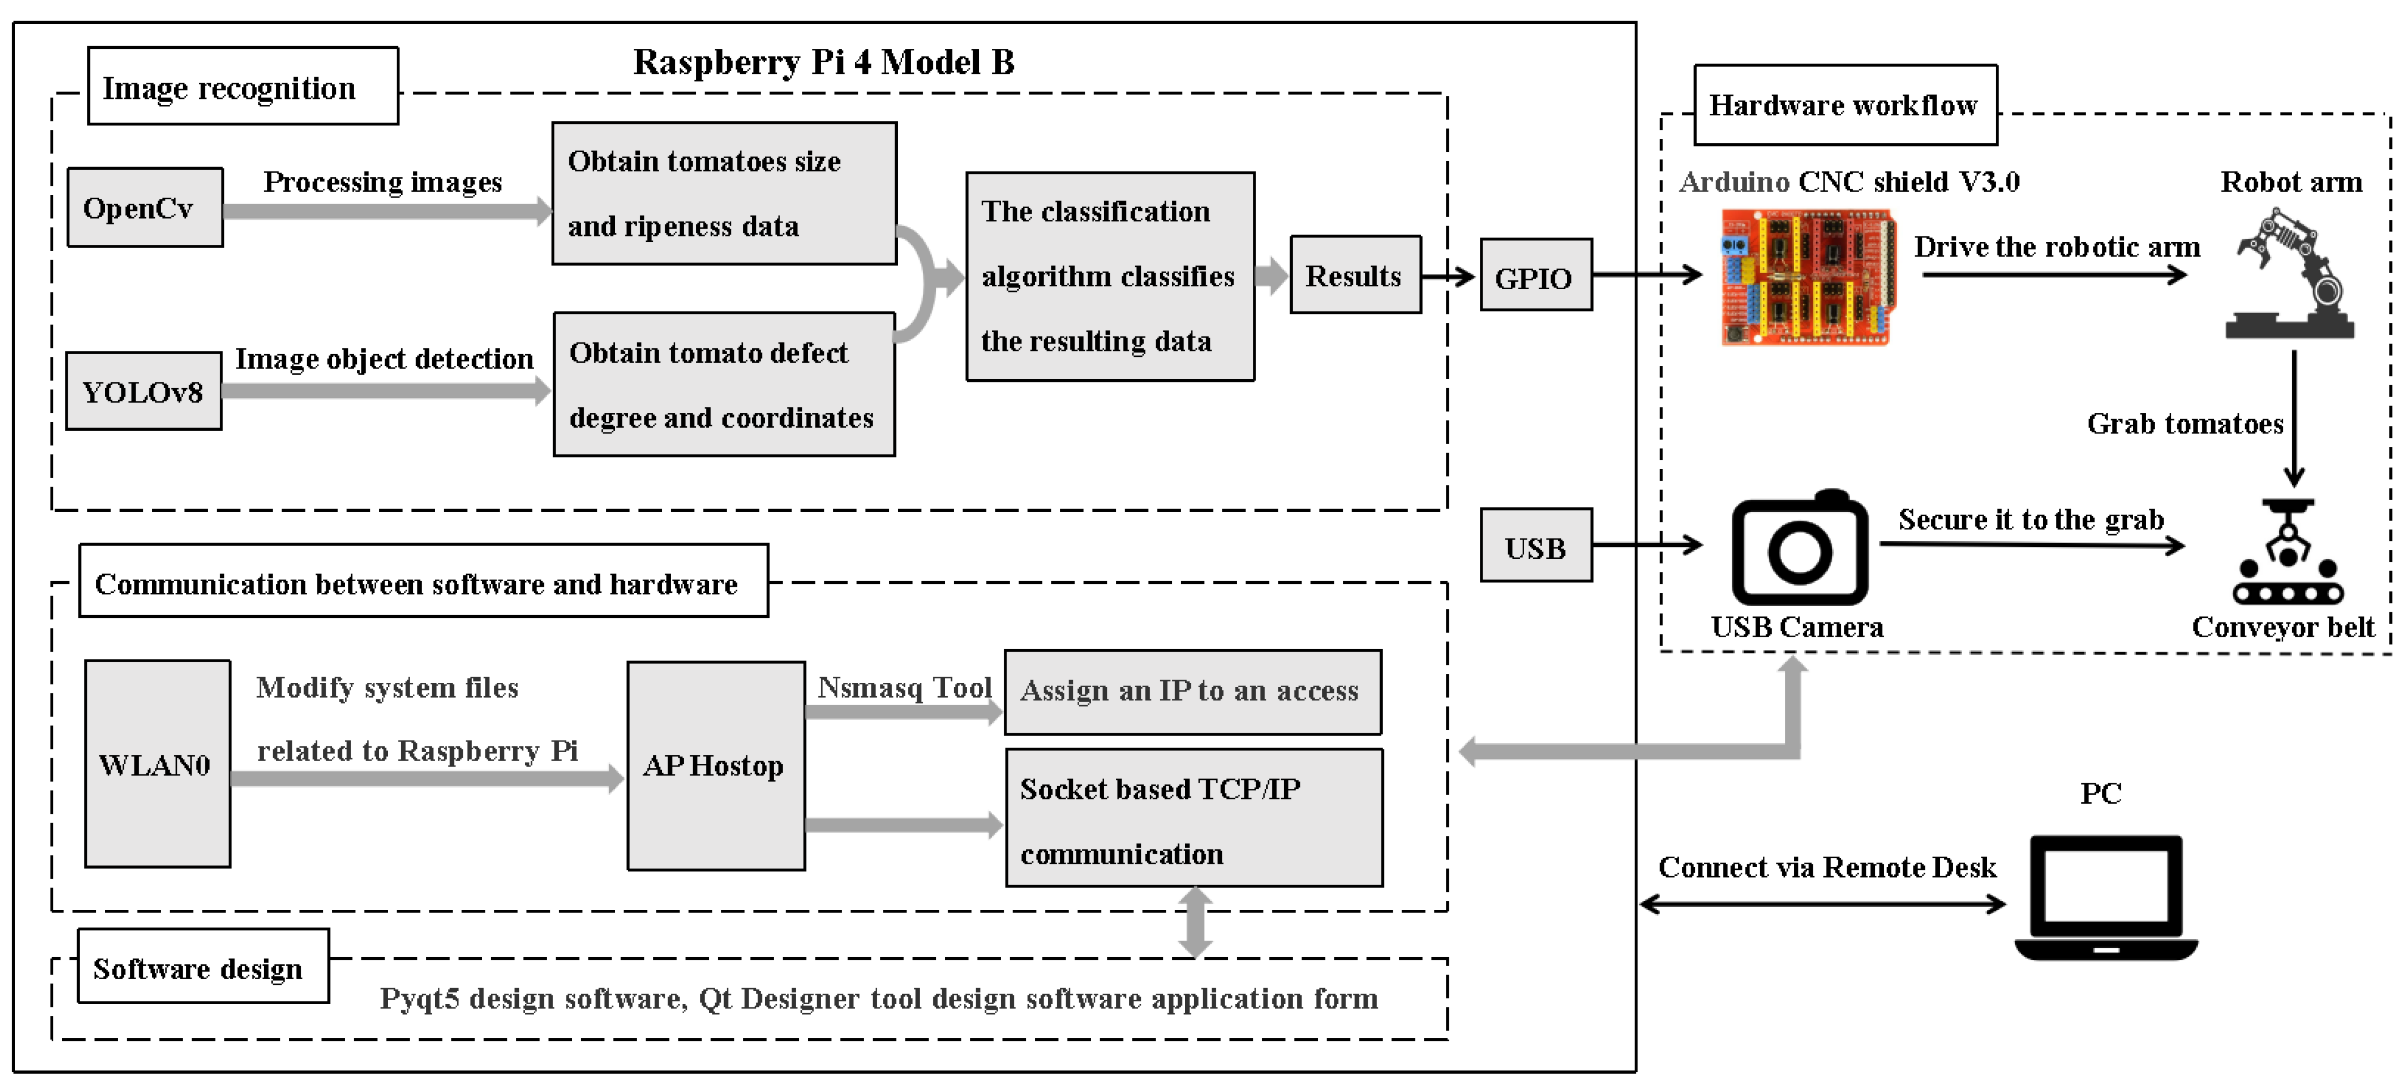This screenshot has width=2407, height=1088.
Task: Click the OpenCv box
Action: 145,208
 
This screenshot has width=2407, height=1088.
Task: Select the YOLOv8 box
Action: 143,391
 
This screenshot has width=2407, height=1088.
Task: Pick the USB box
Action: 1535,546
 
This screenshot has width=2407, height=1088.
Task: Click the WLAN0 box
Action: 157,764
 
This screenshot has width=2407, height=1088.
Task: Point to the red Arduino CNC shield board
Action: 1807,276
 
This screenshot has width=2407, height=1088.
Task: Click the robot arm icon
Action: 2290,274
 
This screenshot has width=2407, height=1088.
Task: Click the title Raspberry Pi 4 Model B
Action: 823,62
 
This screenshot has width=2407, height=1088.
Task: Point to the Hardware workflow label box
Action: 1844,105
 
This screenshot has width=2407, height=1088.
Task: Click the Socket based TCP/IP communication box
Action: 1193,819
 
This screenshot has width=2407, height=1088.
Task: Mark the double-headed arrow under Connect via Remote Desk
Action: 1822,904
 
